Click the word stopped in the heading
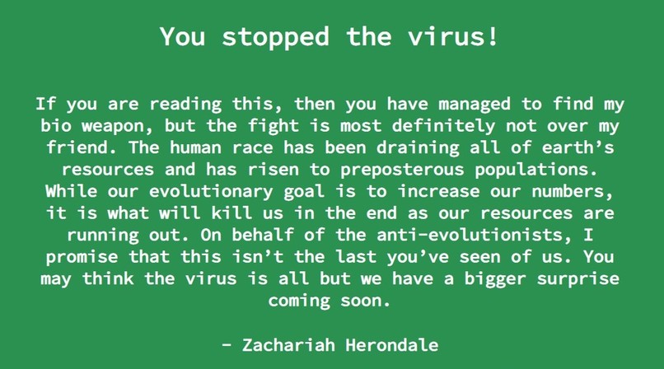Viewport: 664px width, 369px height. point(267,37)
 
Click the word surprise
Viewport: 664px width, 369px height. point(578,278)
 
